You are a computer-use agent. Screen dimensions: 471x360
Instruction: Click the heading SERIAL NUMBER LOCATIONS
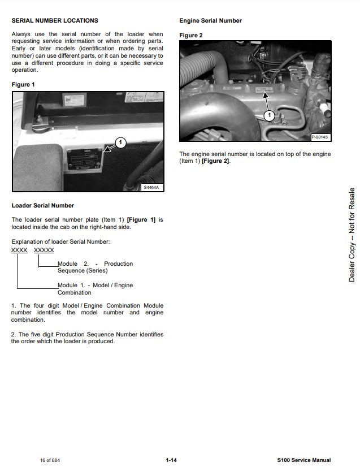point(54,21)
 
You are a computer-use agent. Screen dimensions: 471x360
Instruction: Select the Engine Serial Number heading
point(210,21)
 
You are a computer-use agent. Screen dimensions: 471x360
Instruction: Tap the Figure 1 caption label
point(23,85)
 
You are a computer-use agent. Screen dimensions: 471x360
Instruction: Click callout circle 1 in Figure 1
point(121,141)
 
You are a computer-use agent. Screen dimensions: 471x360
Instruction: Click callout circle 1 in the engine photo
point(270,115)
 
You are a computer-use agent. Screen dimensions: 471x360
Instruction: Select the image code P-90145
point(320,137)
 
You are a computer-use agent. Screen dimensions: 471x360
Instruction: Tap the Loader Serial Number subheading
point(42,205)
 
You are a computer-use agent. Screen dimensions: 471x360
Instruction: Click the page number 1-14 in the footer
point(171,460)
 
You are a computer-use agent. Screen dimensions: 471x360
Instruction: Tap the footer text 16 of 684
point(50,460)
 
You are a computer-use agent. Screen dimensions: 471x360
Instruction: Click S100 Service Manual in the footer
point(304,460)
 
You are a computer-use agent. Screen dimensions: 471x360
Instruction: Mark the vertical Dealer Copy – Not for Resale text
point(352,235)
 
